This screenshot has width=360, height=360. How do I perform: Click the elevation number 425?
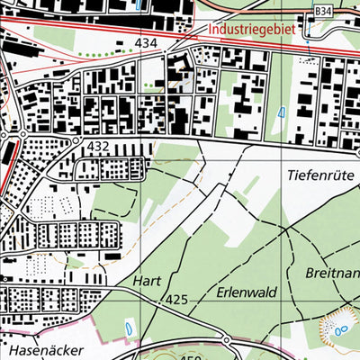click(x=177, y=299)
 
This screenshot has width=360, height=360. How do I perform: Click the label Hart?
click(x=146, y=281)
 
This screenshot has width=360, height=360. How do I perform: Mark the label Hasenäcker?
click(x=41, y=348)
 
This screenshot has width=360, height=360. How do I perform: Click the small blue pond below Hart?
click(x=132, y=328)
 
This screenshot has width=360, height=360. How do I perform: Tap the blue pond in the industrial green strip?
click(x=281, y=112)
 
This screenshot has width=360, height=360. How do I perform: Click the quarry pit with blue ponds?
click(x=340, y=326)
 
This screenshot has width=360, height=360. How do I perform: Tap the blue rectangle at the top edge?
click(x=137, y=4)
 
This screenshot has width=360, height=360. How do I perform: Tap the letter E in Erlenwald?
click(x=220, y=292)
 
